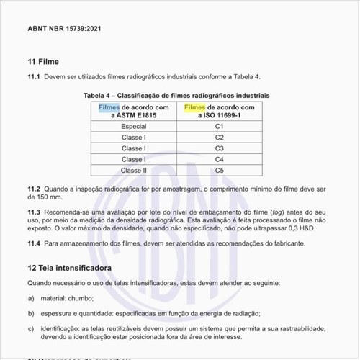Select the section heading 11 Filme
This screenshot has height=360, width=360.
pyautogui.click(x=43, y=61)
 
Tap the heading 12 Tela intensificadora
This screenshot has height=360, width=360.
pyautogui.click(x=69, y=267)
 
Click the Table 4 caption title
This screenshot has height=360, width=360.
pyautogui.click(x=176, y=95)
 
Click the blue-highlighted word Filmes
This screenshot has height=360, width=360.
pyautogui.click(x=109, y=108)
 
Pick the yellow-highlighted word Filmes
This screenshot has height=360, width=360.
pyautogui.click(x=194, y=108)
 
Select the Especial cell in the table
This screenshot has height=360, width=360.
pyautogui.click(x=133, y=126)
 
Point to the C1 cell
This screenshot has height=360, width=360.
pyautogui.click(x=220, y=126)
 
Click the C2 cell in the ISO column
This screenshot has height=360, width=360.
pyautogui.click(x=220, y=137)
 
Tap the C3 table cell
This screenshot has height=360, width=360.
pyautogui.click(x=220, y=148)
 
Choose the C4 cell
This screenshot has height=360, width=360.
pyautogui.click(x=220, y=159)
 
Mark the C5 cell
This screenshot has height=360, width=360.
pyautogui.click(x=220, y=171)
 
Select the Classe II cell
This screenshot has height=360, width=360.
pyautogui.click(x=133, y=171)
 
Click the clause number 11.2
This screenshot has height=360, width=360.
pyautogui.click(x=34, y=189)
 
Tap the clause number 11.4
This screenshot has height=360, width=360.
pyautogui.click(x=34, y=243)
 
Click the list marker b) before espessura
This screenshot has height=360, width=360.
pyautogui.click(x=31, y=313)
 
